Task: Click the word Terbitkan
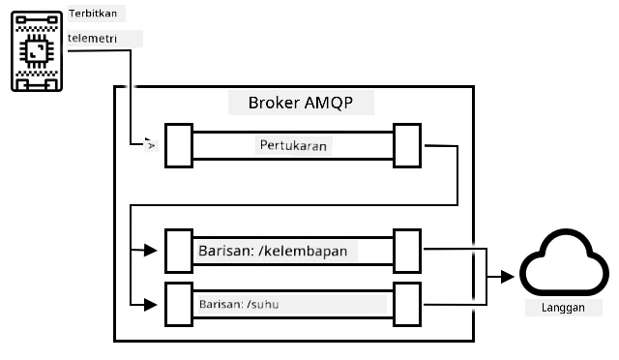coord(93,14)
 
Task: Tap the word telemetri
coord(92,39)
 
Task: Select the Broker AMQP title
coord(301,103)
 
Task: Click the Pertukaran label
coord(293,145)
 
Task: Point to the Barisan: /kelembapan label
coord(273,251)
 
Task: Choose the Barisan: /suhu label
coord(239,304)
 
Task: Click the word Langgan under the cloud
coord(563,308)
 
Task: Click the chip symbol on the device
coord(37,51)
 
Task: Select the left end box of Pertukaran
coord(179,145)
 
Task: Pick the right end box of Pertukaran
coord(407,145)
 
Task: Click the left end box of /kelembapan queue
coord(179,251)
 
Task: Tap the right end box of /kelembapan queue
coord(407,251)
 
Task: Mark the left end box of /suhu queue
coord(179,304)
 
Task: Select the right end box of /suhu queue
coord(407,304)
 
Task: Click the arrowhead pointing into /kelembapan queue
coord(151,250)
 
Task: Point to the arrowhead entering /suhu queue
coord(151,305)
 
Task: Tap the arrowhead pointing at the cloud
coord(508,277)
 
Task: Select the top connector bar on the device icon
coord(37,19)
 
